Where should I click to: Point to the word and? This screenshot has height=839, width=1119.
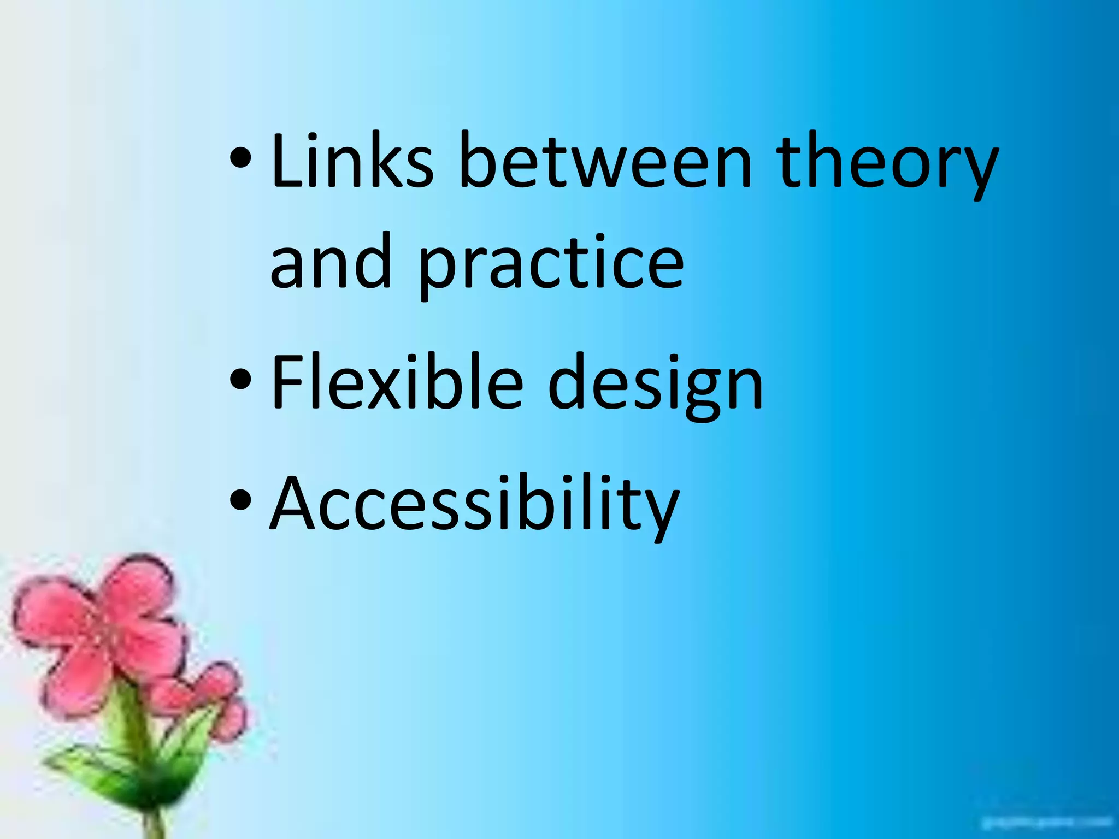(331, 261)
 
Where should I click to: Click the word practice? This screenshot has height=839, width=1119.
(551, 265)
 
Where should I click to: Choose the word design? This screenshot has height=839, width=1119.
(655, 385)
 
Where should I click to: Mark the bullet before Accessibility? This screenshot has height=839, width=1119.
(240, 500)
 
